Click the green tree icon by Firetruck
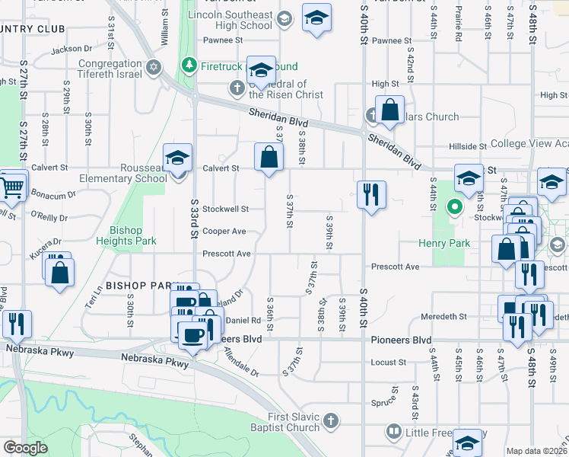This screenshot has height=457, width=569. (x=189, y=66)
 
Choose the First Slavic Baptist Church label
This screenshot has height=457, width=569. (x=285, y=422)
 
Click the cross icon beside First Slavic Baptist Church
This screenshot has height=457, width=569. (x=330, y=420)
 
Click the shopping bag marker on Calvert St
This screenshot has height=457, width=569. (x=269, y=158)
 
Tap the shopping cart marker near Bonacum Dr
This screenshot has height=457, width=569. (x=12, y=186)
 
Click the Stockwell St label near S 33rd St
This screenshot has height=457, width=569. (x=225, y=208)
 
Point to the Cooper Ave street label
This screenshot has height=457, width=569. (x=224, y=231)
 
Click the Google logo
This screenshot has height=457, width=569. (x=25, y=448)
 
